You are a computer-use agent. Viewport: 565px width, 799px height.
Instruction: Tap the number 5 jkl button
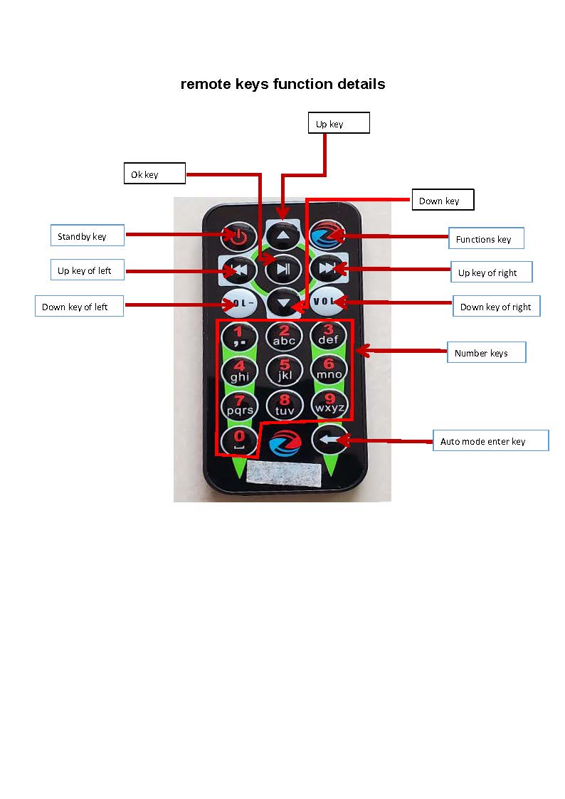[285, 369]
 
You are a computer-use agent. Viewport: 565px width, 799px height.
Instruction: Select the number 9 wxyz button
[329, 403]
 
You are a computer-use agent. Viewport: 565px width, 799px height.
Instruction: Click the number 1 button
[240, 334]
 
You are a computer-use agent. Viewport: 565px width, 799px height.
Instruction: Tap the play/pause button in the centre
[284, 268]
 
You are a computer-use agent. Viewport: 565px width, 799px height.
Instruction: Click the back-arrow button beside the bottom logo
[328, 440]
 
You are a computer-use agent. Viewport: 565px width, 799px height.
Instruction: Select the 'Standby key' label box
[87, 236]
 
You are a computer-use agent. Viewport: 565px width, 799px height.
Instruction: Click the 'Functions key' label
[486, 238]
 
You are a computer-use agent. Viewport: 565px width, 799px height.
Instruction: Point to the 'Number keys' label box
[487, 353]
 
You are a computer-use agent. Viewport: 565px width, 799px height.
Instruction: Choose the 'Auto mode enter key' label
[490, 440]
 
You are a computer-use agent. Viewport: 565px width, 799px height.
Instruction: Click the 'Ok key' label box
[154, 174]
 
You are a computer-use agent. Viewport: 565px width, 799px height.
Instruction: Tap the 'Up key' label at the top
[339, 123]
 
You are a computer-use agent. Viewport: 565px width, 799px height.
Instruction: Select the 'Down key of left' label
[79, 307]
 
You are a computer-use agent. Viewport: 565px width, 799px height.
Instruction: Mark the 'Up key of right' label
[492, 272]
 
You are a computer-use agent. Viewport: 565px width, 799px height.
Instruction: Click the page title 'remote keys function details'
[282, 84]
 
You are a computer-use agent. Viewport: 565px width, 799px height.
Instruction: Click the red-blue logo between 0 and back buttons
[285, 443]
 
